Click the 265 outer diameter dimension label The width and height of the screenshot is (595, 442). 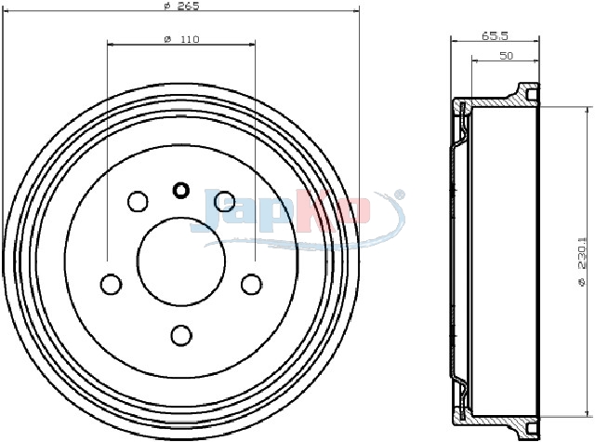tap(181, 7)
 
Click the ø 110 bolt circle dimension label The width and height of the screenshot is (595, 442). tap(181, 39)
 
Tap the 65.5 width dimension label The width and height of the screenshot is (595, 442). tap(495, 36)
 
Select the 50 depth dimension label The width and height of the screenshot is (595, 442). tap(506, 56)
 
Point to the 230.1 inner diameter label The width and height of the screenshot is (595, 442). tap(582, 262)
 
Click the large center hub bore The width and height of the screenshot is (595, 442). tap(181, 261)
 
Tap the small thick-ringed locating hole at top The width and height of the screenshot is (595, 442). tap(181, 190)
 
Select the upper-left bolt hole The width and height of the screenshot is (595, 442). tap(138, 201)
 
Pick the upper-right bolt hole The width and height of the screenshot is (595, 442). tap(224, 201)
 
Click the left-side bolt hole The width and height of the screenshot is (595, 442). tap(112, 284)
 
